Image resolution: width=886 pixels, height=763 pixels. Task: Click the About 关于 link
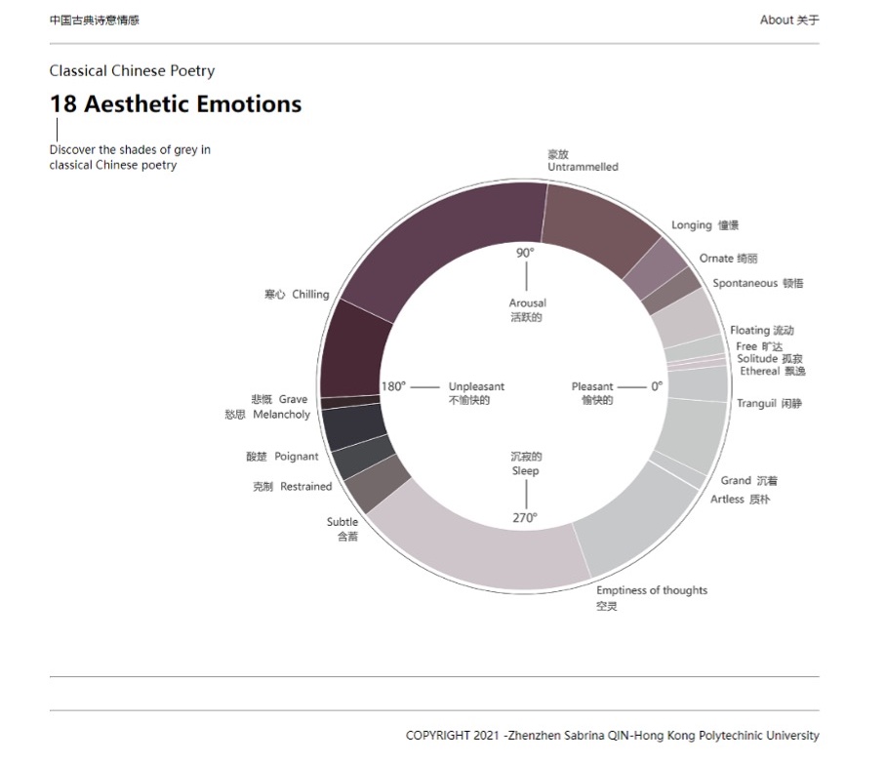point(788,20)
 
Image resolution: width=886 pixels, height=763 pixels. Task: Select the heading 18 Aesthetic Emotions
point(176,104)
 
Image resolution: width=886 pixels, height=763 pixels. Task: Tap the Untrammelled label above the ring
point(583,167)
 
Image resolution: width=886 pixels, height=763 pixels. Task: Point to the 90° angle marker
point(525,253)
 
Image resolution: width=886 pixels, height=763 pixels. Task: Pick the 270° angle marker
point(525,518)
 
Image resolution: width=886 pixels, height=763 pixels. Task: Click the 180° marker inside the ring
point(393,386)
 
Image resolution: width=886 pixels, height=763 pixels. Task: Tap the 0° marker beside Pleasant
point(657,386)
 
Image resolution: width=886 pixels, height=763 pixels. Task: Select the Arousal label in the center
point(527,303)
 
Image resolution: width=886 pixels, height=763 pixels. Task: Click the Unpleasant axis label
point(476,387)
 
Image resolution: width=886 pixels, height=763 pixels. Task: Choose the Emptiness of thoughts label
point(652,590)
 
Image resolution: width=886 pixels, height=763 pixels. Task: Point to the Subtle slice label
point(342,522)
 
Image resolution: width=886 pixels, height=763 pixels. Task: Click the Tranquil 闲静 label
point(769,404)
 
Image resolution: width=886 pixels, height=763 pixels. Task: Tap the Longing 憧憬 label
point(705,225)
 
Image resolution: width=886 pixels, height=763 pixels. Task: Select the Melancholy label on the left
point(281,415)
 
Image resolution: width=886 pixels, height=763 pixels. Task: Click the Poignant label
point(296,457)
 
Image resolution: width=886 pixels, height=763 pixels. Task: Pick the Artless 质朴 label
point(740,500)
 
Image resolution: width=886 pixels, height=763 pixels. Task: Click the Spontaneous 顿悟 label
point(757,284)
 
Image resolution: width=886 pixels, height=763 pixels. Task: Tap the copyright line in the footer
point(612,736)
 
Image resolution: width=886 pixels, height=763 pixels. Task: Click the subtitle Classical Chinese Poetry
point(132,71)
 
